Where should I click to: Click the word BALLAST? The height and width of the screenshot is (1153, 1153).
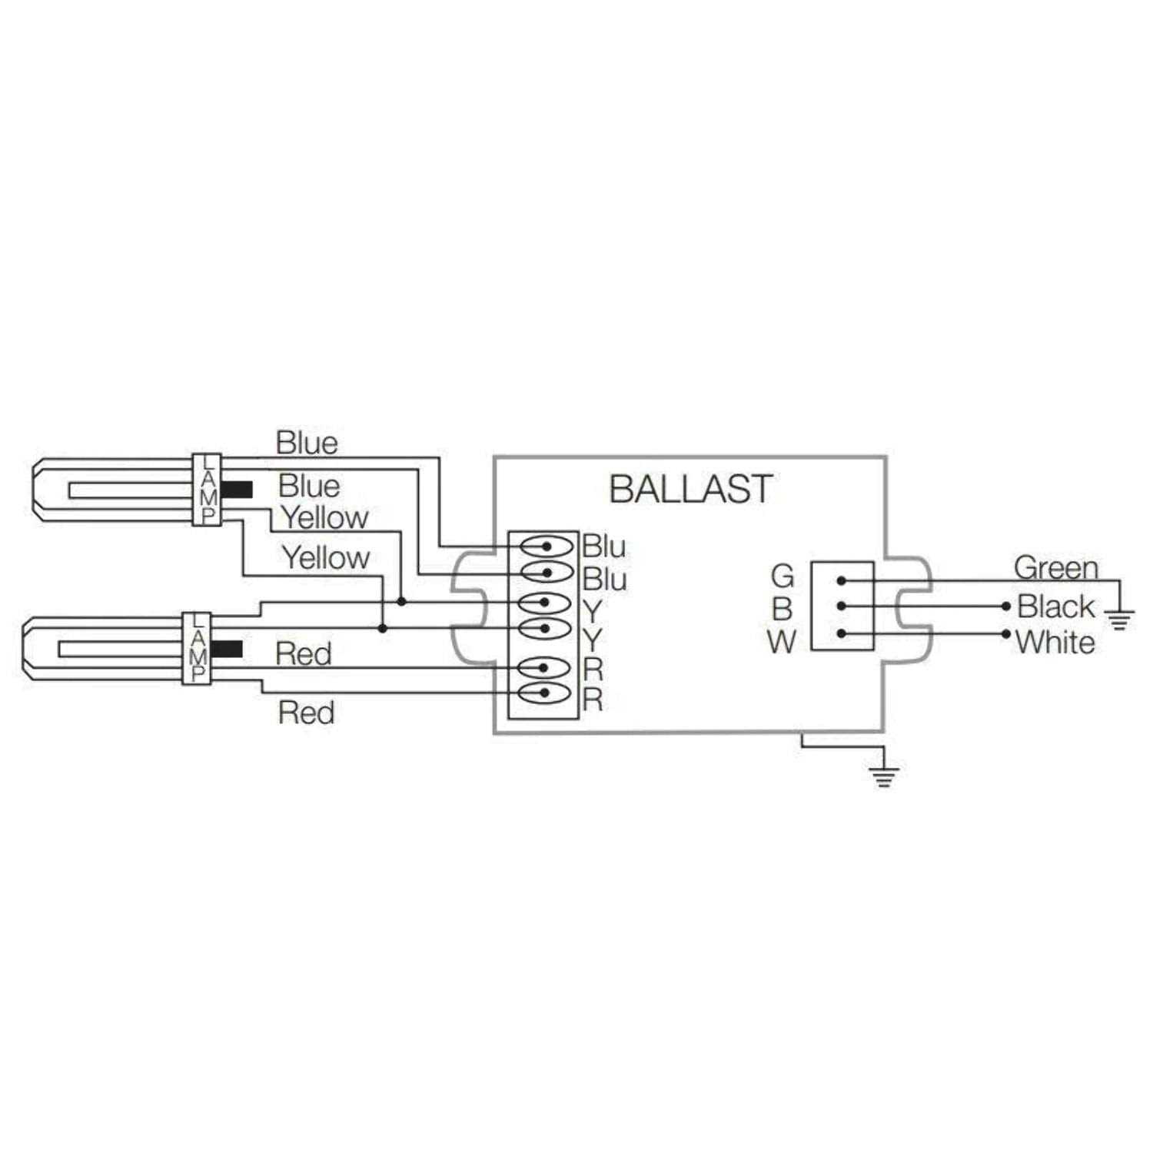[690, 489]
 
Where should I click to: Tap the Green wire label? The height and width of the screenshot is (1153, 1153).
[1055, 568]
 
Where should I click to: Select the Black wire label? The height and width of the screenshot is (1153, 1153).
[1055, 606]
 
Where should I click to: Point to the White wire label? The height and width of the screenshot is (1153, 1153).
[1055, 642]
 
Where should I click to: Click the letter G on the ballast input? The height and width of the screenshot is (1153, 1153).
[782, 576]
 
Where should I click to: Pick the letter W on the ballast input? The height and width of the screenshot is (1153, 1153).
[782, 641]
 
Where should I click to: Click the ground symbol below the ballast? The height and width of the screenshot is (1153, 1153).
[884, 776]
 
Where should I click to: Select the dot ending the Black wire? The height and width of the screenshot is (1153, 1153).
[1006, 606]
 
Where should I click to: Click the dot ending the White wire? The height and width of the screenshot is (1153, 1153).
[1006, 634]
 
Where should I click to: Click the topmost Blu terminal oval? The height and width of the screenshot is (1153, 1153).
[547, 547]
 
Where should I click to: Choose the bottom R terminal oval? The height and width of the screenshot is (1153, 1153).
[544, 693]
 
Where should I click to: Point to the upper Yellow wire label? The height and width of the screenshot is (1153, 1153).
[324, 517]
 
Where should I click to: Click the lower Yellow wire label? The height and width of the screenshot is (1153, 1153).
[326, 557]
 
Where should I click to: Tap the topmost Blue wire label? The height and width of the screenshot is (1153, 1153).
[307, 443]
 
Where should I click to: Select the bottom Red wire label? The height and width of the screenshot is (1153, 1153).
[306, 713]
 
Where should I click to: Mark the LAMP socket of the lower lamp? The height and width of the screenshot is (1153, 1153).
[197, 648]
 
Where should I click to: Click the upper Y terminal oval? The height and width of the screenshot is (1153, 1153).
[544, 602]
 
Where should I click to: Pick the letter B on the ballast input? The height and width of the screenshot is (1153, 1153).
[782, 609]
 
